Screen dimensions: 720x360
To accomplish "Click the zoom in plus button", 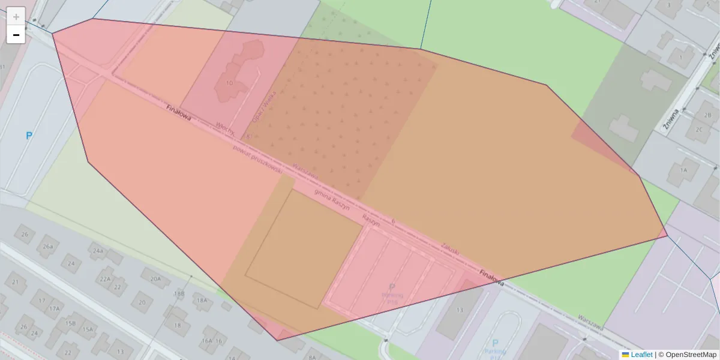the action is (16, 16).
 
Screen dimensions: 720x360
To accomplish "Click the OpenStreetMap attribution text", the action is (691, 355).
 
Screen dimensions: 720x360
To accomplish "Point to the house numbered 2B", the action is (707, 115).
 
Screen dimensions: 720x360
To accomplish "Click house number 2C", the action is (698, 130).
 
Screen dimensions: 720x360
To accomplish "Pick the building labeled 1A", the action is (683, 170).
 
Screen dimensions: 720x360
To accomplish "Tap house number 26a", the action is (48, 246).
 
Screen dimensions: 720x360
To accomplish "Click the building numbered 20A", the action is (155, 278).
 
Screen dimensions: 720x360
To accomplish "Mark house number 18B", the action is (179, 293).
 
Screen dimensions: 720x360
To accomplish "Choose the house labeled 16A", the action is (207, 341).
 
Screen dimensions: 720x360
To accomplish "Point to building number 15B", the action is (71, 323).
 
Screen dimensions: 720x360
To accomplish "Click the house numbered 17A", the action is (55, 308).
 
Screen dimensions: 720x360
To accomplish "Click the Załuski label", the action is (450, 249).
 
